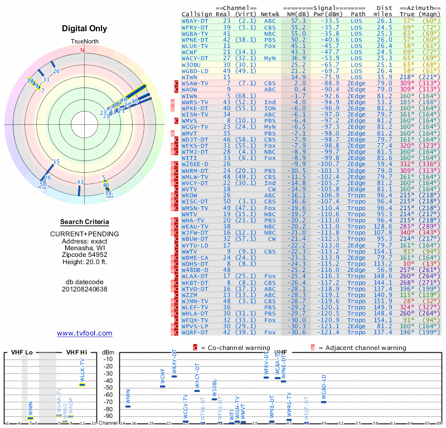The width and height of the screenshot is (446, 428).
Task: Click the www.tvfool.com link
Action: [x=85, y=333]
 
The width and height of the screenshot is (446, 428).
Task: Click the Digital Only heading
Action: [x=85, y=28]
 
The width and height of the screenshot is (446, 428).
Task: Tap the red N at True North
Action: [x=83, y=50]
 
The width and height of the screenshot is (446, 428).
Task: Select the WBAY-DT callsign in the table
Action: [x=196, y=20]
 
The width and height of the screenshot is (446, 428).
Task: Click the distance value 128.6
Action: [x=384, y=227]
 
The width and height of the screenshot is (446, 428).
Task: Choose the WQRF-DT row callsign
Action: [x=196, y=333]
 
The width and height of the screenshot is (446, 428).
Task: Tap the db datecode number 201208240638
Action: [x=85, y=289]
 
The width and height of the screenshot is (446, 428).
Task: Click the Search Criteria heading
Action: [x=85, y=222]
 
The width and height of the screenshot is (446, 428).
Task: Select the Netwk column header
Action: [x=270, y=13]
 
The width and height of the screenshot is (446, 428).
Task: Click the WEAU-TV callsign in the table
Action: [x=196, y=227]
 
